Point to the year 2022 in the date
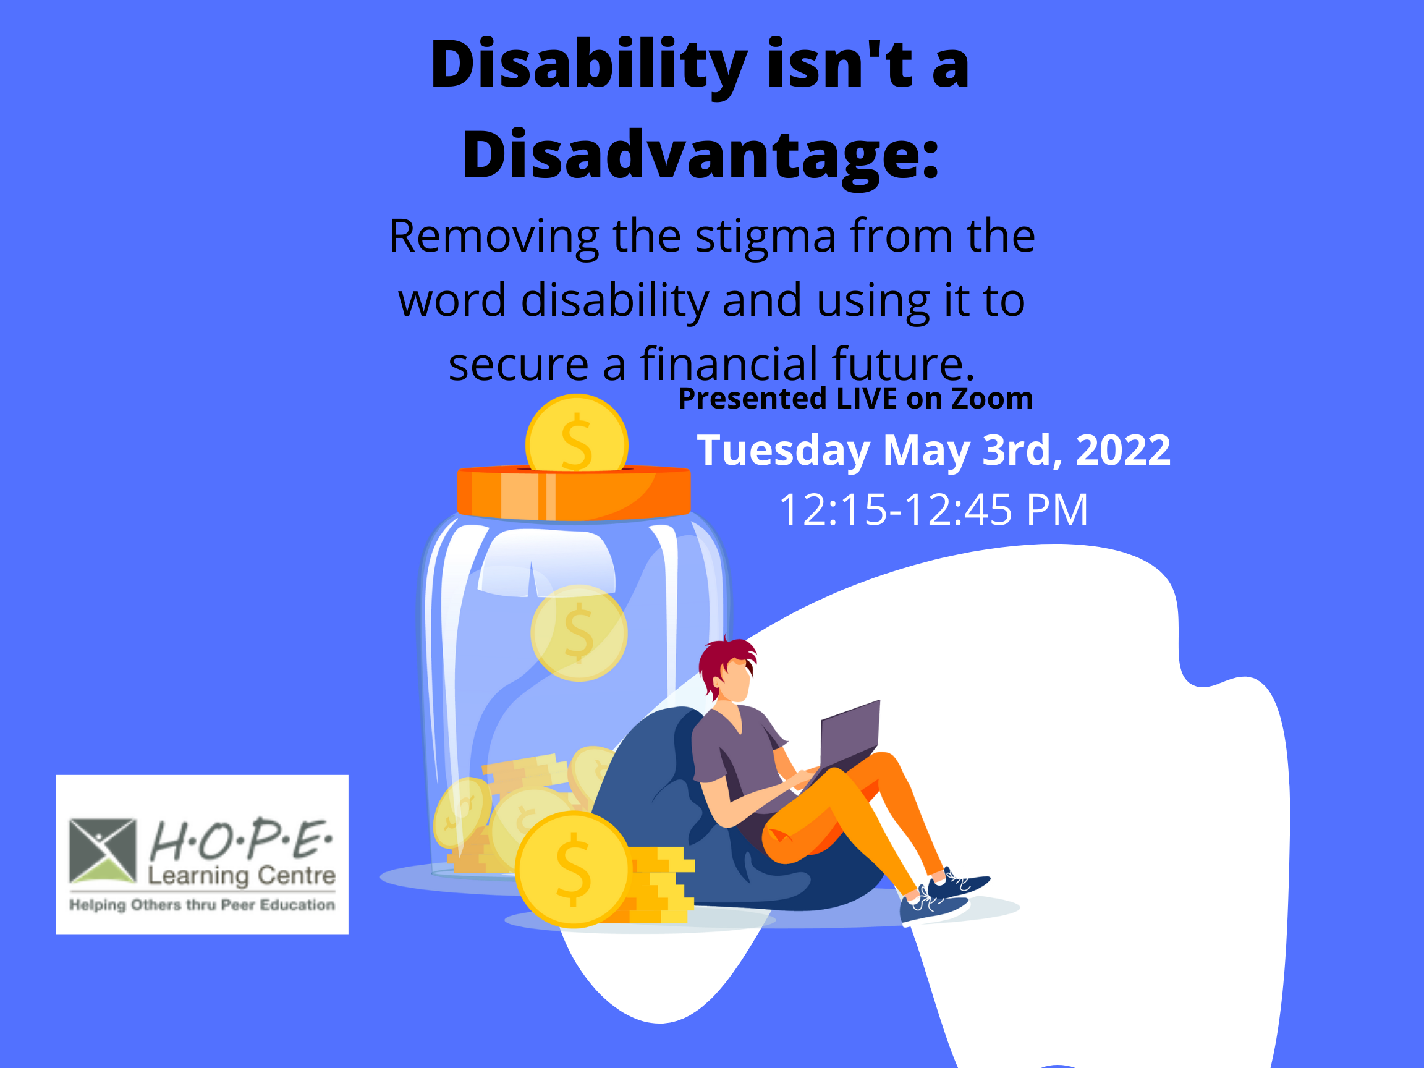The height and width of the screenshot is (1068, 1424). [x=1123, y=450]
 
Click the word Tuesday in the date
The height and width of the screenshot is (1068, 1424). [x=784, y=451]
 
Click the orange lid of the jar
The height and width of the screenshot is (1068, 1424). [x=574, y=493]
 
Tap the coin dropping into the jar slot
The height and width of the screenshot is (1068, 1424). [x=576, y=433]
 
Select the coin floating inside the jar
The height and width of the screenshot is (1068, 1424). [x=578, y=634]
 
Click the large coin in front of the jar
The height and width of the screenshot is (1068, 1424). [x=572, y=870]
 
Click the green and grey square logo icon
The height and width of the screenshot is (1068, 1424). [x=103, y=850]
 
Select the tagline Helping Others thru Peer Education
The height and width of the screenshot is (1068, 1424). [x=202, y=905]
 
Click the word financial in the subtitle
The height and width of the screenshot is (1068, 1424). [x=728, y=365]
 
